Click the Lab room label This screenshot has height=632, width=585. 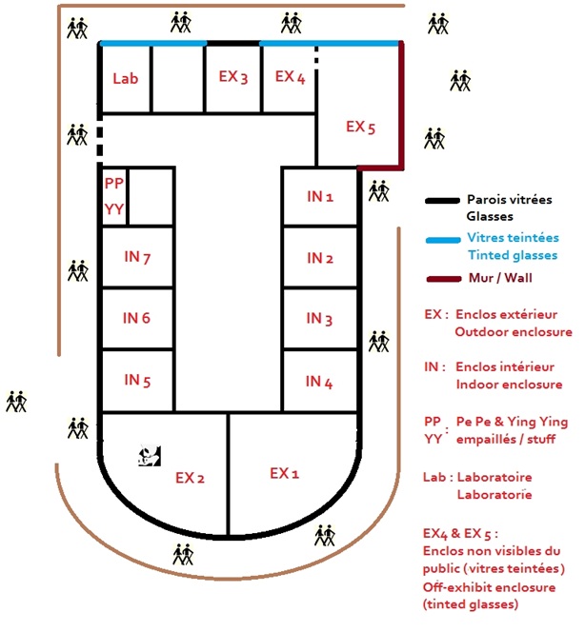coord(125,78)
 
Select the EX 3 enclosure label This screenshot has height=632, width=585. coord(232,77)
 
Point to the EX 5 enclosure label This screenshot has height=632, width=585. coord(361,126)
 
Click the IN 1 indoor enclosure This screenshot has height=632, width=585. coord(319,197)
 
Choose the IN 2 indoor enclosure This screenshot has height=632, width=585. coord(319,258)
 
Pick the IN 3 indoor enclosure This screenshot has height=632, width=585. coord(319,320)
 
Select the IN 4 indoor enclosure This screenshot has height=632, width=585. coord(319,382)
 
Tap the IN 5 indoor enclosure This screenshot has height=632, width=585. coord(138,380)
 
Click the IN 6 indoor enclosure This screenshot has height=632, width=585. coord(138,318)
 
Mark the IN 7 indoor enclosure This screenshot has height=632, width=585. coord(138,256)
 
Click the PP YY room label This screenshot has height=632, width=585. coord(113,197)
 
